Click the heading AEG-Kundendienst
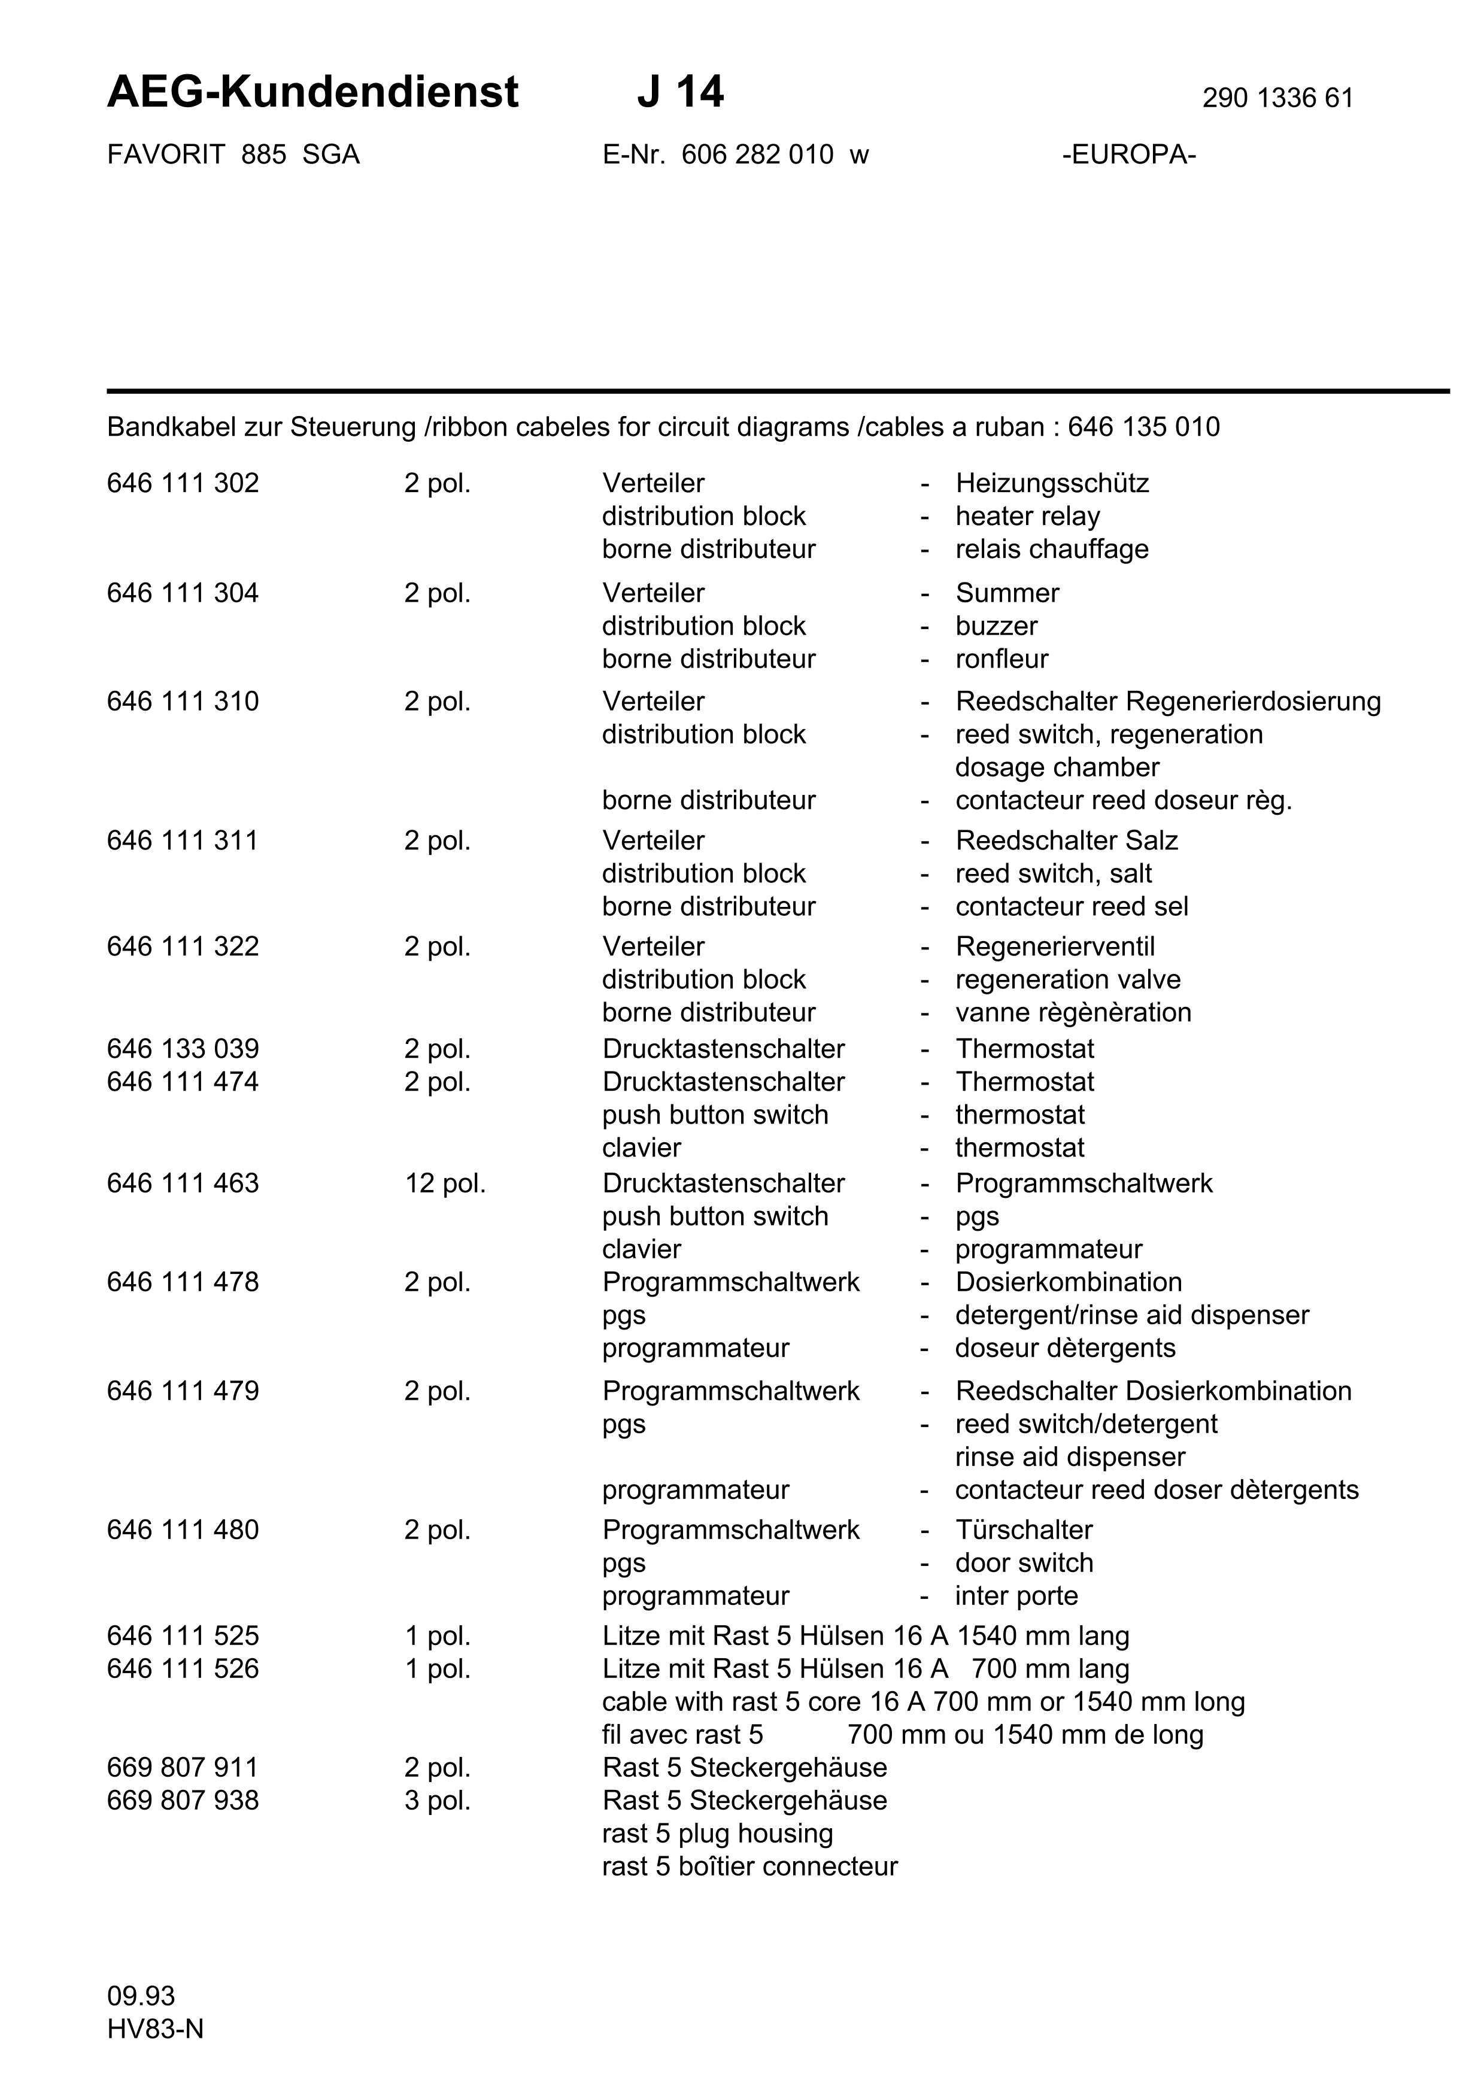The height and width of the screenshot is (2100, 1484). pyautogui.click(x=312, y=92)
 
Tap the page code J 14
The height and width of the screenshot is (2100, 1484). pyautogui.click(x=680, y=92)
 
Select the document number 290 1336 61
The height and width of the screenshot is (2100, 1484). pyautogui.click(x=1277, y=98)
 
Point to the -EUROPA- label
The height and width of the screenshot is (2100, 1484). pyautogui.click(x=1129, y=154)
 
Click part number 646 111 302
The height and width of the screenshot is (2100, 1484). pyautogui.click(x=183, y=483)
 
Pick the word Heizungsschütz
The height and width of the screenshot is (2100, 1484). pyautogui.click(x=1052, y=483)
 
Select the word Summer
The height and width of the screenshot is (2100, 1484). pyautogui.click(x=1007, y=593)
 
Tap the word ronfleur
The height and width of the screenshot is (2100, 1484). pyautogui.click(x=1002, y=658)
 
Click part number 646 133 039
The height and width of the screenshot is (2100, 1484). pyautogui.click(x=183, y=1048)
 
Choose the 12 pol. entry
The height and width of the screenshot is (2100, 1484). pyautogui.click(x=445, y=1183)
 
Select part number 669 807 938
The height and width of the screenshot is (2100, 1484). pyautogui.click(x=183, y=1800)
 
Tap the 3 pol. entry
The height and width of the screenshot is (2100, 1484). pyautogui.click(x=437, y=1800)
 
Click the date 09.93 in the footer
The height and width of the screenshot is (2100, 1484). pyautogui.click(x=141, y=1996)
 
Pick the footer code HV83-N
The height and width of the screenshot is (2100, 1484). pyautogui.click(x=156, y=2029)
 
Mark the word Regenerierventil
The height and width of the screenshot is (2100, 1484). pyautogui.click(x=1055, y=946)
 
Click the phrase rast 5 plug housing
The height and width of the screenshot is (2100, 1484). pyautogui.click(x=717, y=1833)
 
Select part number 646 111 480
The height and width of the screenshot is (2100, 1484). pyautogui.click(x=183, y=1530)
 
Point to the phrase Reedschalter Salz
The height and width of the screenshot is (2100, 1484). pyautogui.click(x=1066, y=840)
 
